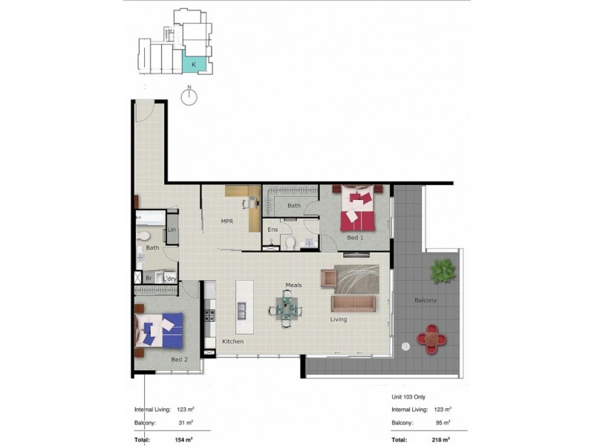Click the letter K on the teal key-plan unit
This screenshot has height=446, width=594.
[194, 65]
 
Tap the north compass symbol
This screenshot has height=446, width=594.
[189, 97]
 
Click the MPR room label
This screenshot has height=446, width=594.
[227, 222]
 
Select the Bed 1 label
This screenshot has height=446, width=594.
[355, 238]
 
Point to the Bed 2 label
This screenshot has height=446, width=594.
[180, 360]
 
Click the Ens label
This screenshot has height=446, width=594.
[272, 230]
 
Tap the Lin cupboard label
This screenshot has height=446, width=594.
[172, 230]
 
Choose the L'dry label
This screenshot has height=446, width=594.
[170, 279]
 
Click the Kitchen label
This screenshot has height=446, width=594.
[232, 341]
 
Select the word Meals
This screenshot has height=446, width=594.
[293, 285]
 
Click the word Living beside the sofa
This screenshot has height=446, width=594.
[339, 320]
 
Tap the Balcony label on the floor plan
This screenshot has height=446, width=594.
[425, 300]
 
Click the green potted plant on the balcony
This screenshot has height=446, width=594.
[443, 271]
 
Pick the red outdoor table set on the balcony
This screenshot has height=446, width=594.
[432, 339]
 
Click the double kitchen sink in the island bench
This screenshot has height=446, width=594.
[241, 311]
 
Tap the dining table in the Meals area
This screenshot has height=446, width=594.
[286, 308]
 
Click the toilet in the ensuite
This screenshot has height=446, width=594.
[290, 243]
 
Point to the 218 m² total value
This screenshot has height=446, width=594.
[441, 440]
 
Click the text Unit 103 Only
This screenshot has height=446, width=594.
[408, 397]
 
